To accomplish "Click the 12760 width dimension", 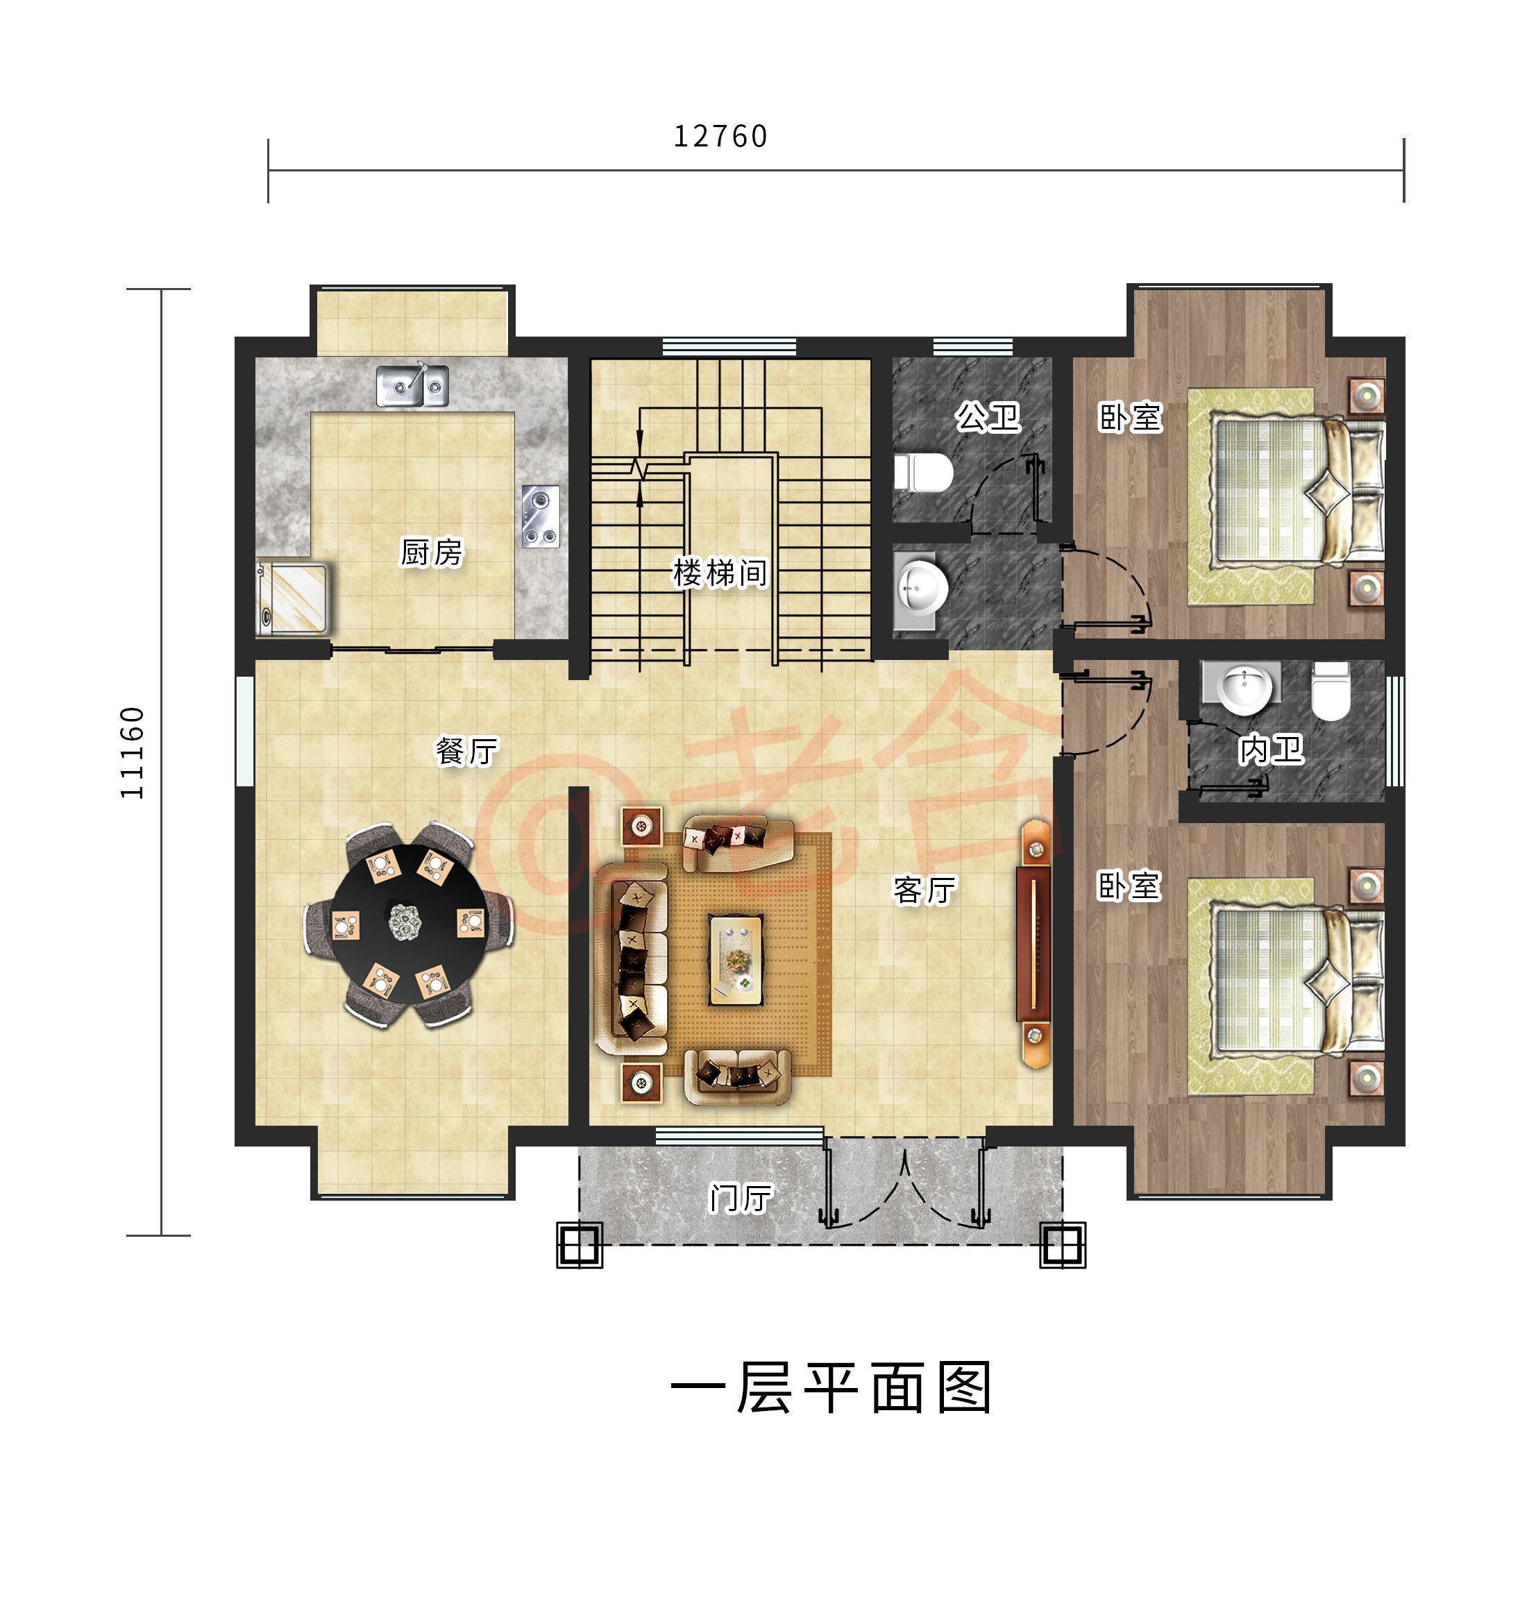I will (720, 137).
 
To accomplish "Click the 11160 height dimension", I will (133, 752).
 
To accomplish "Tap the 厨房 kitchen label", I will (432, 552).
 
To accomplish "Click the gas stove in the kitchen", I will (541, 516).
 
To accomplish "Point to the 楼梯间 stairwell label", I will (720, 573).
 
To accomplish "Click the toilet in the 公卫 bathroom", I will (925, 473).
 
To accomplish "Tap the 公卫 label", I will (988, 418).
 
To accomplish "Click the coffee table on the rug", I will (735, 958).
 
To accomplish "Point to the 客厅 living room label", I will (925, 890).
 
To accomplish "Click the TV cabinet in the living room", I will (1033, 944).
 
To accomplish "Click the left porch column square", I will (580, 1245).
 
